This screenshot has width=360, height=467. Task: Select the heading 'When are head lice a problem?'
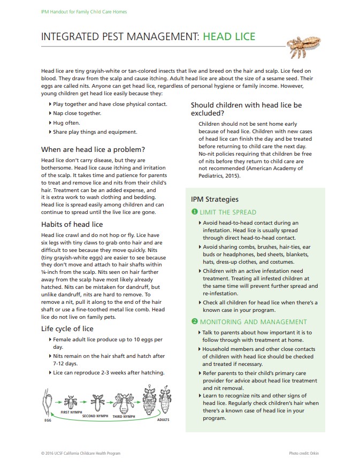point(93,149)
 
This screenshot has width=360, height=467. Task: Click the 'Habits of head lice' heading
point(72,224)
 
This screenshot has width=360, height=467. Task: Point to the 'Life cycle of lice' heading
point(67,328)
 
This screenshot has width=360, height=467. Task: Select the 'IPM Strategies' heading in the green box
point(215,200)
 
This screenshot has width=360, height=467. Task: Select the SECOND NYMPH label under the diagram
point(95,416)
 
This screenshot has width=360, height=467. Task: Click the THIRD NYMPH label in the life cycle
point(124,416)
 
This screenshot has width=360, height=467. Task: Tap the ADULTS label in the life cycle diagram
point(163,420)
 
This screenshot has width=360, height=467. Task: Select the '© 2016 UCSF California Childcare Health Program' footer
point(80,454)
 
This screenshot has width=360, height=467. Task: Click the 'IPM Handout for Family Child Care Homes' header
point(84,11)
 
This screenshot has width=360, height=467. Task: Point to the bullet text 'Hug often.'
point(66,123)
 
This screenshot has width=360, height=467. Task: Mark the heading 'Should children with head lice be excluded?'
point(246,109)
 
